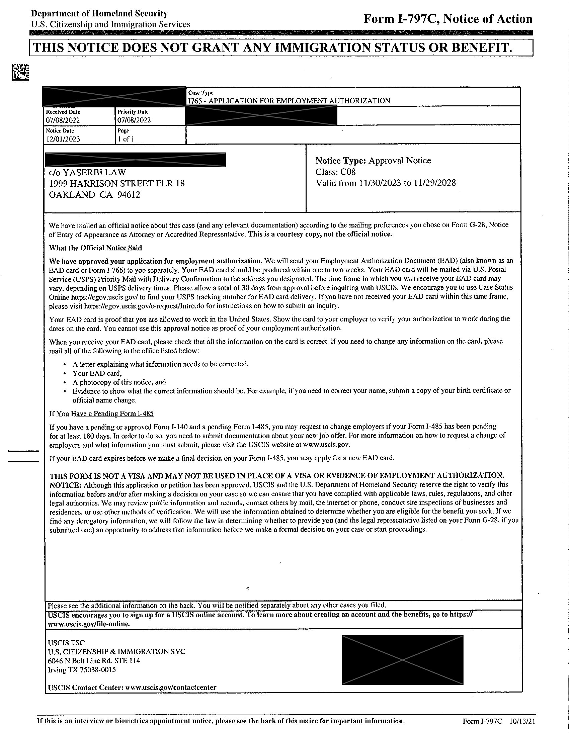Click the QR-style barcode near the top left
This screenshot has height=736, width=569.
[x=20, y=73]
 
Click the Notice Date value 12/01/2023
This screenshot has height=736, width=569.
[x=63, y=139]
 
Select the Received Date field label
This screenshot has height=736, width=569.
[x=63, y=112]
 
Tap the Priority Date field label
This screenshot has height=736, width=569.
[x=133, y=112]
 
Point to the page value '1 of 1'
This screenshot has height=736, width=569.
[x=126, y=139]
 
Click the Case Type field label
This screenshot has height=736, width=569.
[x=201, y=93]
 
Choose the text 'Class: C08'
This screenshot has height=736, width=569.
[x=335, y=172]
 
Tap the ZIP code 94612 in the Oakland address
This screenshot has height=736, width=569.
[x=129, y=195]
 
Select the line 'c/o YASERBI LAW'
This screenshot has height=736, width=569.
[x=87, y=172]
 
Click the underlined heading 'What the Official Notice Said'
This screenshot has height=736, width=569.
[x=95, y=248]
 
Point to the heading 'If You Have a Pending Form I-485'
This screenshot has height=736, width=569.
[x=101, y=413]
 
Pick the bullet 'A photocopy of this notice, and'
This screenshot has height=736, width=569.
[x=119, y=382]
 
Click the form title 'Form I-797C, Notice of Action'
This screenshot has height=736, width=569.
[x=448, y=19]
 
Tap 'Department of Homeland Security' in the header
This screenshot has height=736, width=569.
[x=99, y=14]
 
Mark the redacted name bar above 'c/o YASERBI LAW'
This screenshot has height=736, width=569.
[x=135, y=160]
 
